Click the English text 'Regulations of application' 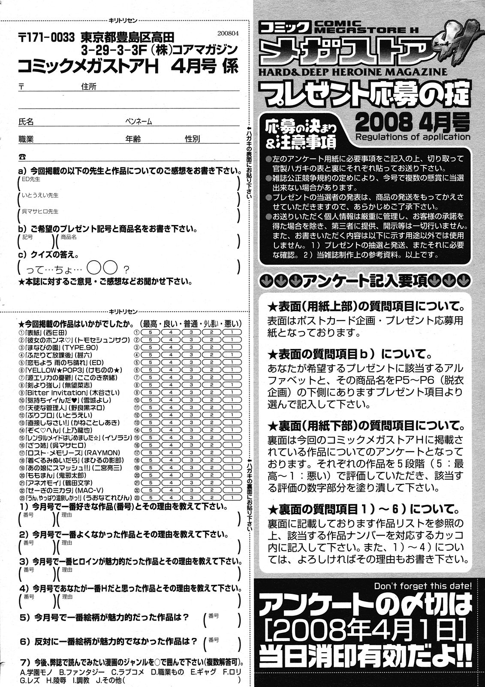(413, 137)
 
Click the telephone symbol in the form (22, 156)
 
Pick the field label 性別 (192, 139)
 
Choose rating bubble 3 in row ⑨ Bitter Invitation (190, 392)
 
